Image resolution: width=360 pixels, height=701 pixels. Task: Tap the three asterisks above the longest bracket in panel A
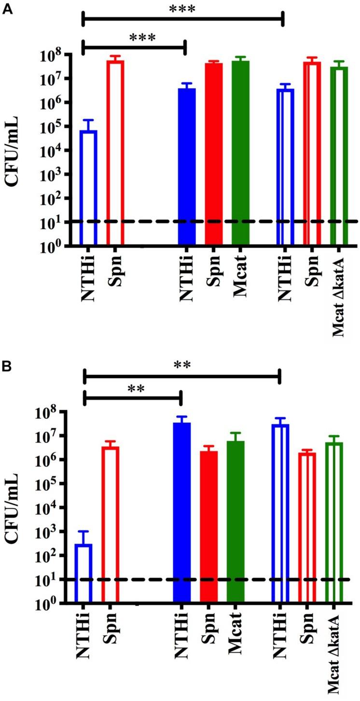(182, 8)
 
